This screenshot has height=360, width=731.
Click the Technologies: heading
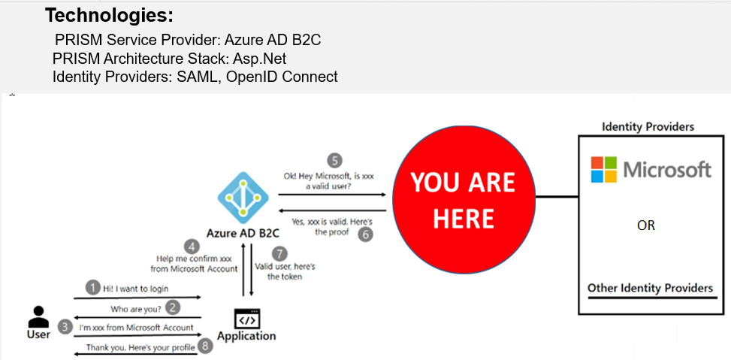[x=109, y=14]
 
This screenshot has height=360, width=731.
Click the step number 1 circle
[x=92, y=287]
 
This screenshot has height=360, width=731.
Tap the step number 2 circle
[x=174, y=307]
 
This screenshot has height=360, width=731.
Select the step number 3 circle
[x=66, y=327]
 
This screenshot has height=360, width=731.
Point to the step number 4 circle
[x=193, y=246]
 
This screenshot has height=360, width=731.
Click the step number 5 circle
[x=334, y=160]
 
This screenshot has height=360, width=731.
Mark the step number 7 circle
[x=280, y=253]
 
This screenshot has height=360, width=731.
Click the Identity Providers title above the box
[x=648, y=126]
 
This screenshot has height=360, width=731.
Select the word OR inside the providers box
[x=645, y=225]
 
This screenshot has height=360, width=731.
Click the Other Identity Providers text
[x=650, y=288]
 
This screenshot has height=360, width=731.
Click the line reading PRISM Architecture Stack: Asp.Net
[x=169, y=58]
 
